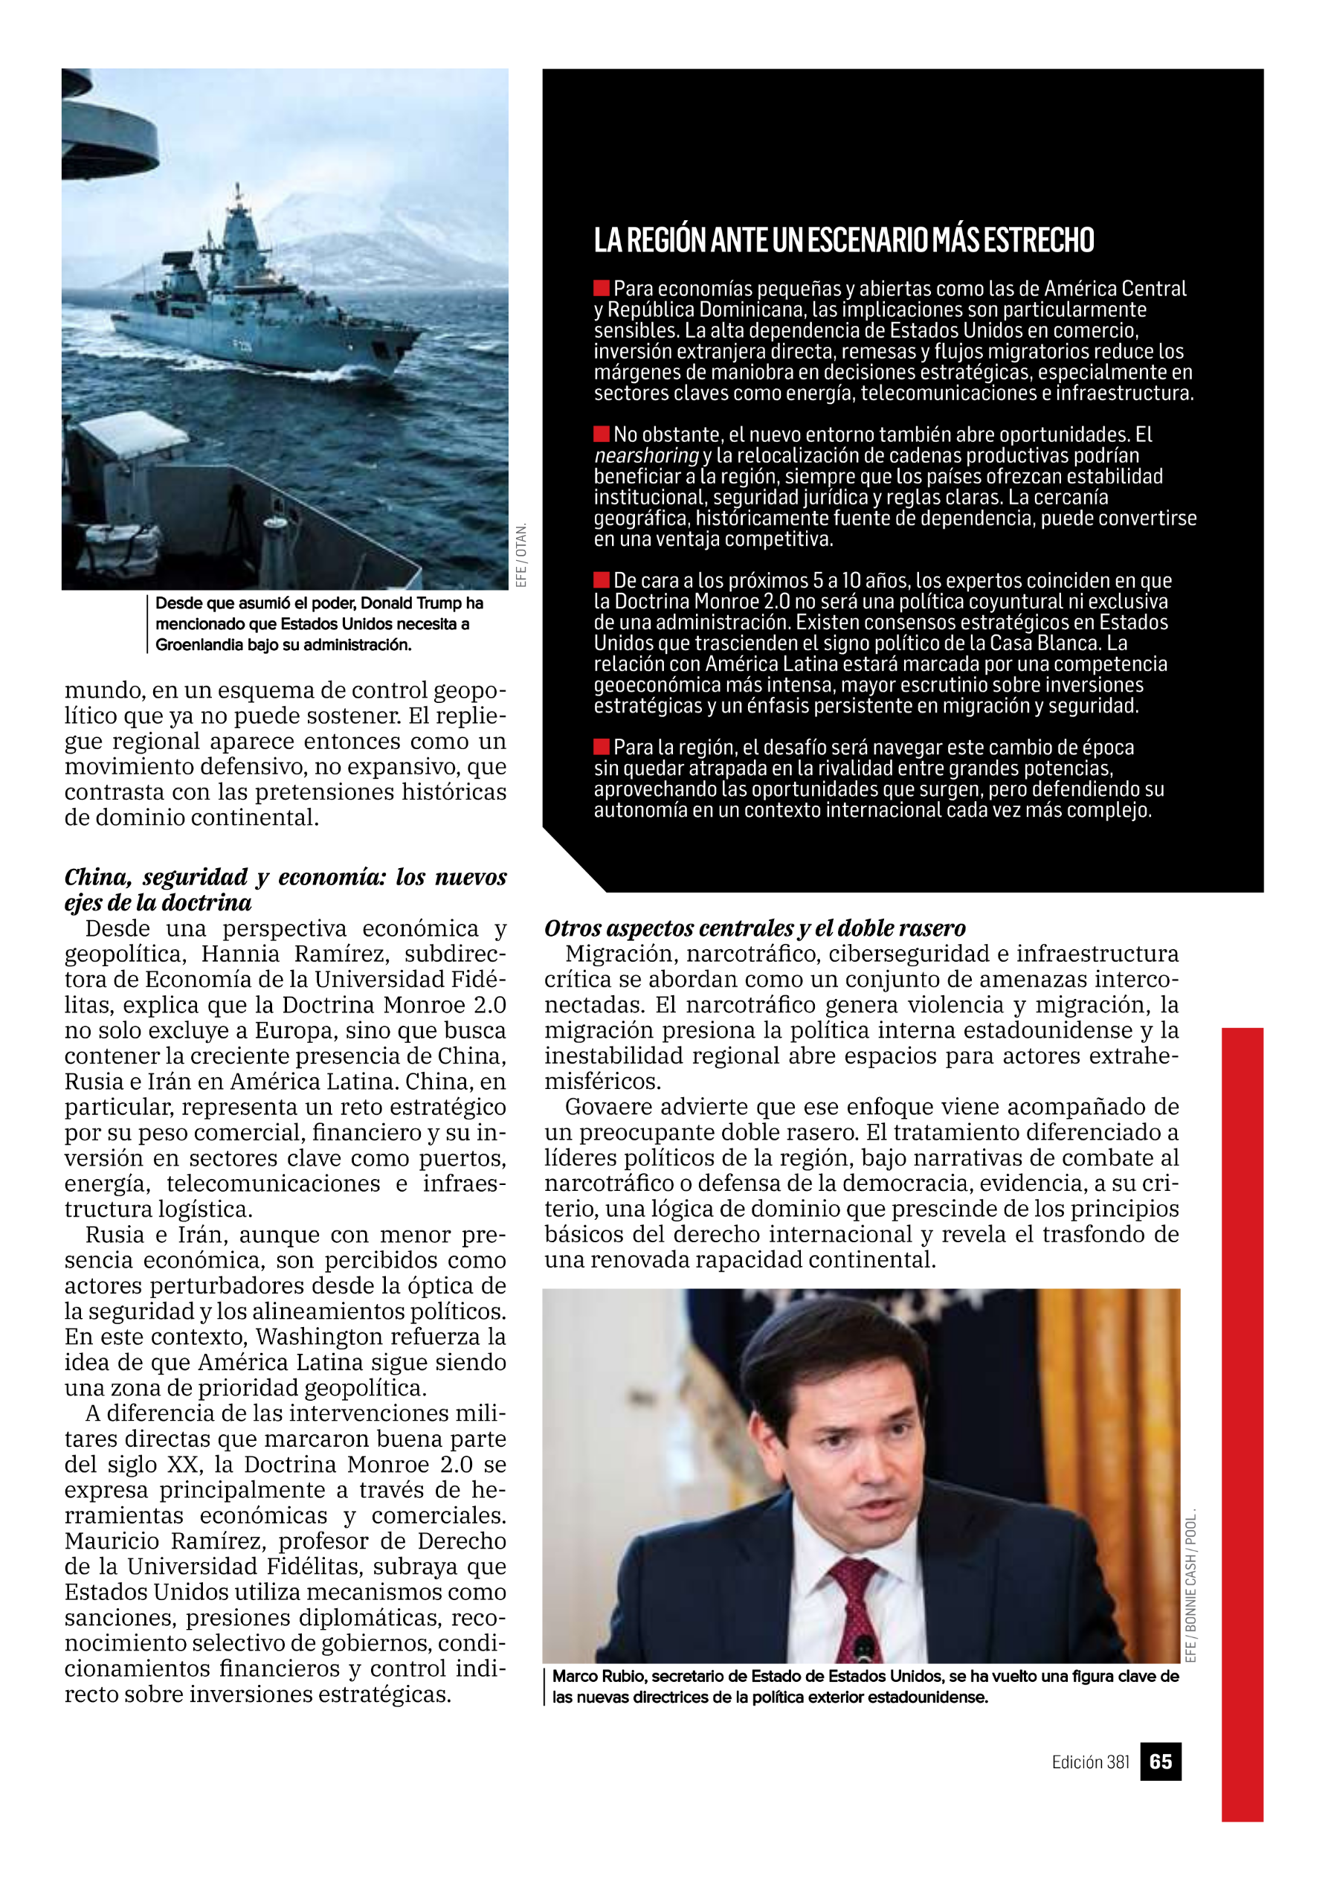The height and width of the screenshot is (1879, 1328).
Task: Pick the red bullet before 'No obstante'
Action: pos(602,433)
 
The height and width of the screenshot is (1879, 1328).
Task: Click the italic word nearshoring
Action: pos(646,455)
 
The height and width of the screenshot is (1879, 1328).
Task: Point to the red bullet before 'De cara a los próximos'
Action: pos(602,579)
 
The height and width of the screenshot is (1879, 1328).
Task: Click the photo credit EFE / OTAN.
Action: pos(521,555)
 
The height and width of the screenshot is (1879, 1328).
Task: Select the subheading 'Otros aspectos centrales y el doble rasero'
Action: pos(755,928)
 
